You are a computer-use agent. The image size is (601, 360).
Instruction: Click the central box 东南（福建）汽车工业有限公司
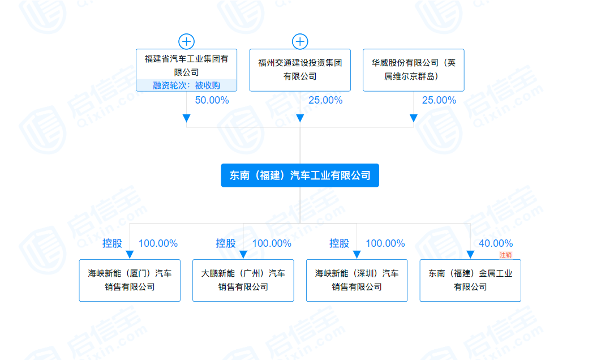pos(300,175)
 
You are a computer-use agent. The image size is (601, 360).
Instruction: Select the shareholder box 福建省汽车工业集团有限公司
pos(186,70)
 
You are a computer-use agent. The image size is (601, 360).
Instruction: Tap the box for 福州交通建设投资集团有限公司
pos(300,70)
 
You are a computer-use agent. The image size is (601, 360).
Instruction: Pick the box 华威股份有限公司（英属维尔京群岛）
pos(414,70)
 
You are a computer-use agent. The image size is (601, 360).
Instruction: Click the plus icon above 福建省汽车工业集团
pos(186,41)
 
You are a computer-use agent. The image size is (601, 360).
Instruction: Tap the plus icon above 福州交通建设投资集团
pos(300,41)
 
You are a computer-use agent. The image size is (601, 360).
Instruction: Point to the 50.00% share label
pos(212,100)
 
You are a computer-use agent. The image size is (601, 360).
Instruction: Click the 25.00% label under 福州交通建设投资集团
pos(325,100)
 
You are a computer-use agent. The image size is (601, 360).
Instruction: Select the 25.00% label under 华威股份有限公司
pos(439,100)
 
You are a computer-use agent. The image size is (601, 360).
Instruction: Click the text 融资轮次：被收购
pos(186,85)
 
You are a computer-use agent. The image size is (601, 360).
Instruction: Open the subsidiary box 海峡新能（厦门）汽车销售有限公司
pos(130,280)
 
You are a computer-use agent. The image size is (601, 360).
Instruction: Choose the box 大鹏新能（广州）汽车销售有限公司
pos(243,280)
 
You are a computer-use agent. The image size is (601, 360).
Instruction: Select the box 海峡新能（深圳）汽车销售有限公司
pos(357,280)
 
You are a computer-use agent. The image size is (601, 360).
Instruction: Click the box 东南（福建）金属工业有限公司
pos(470,280)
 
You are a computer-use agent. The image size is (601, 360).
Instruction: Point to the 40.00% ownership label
pos(496,243)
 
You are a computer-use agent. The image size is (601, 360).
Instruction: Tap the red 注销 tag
pos(505,255)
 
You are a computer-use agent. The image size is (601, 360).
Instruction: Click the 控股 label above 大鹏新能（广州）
pos(225,243)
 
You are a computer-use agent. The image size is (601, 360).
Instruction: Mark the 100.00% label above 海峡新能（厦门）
pos(158,243)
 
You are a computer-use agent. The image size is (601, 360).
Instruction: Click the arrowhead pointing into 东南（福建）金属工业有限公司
pos(470,255)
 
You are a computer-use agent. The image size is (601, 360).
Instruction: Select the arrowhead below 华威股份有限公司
pos(414,118)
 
